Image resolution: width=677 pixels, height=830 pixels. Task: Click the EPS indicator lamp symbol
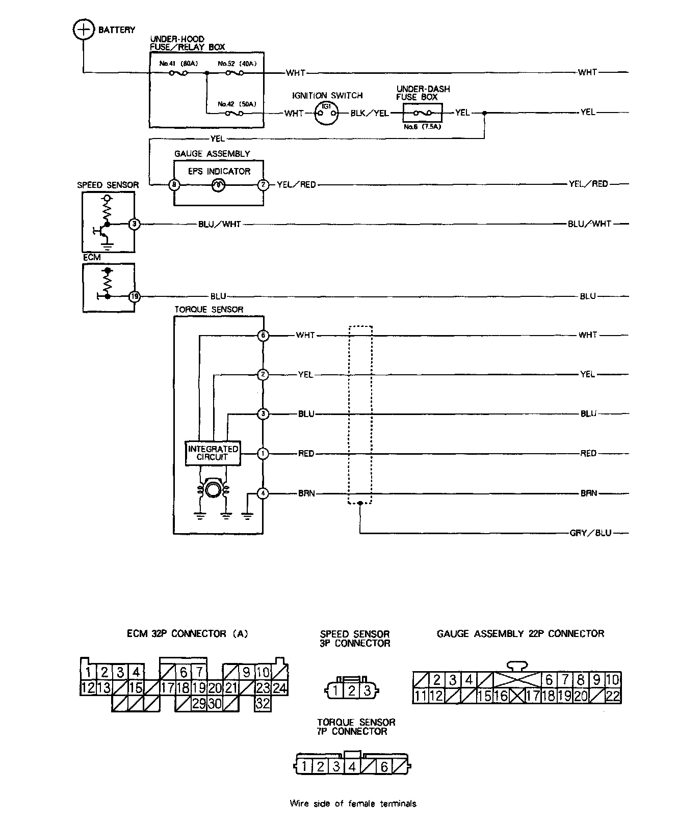(x=218, y=185)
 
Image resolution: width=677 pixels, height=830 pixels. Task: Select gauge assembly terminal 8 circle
(x=175, y=185)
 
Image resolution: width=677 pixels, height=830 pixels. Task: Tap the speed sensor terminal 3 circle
(x=134, y=224)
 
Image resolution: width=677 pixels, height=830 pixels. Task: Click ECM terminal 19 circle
(x=134, y=296)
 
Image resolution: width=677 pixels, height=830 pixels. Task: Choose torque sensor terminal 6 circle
(x=263, y=336)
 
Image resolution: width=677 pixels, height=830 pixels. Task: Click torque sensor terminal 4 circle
(x=263, y=493)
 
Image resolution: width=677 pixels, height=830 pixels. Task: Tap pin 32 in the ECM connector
(x=263, y=704)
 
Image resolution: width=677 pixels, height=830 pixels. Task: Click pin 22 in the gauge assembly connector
(x=612, y=696)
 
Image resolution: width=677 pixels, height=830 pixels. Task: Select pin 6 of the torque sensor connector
(x=384, y=766)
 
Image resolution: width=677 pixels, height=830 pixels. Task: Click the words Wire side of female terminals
(x=353, y=804)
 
